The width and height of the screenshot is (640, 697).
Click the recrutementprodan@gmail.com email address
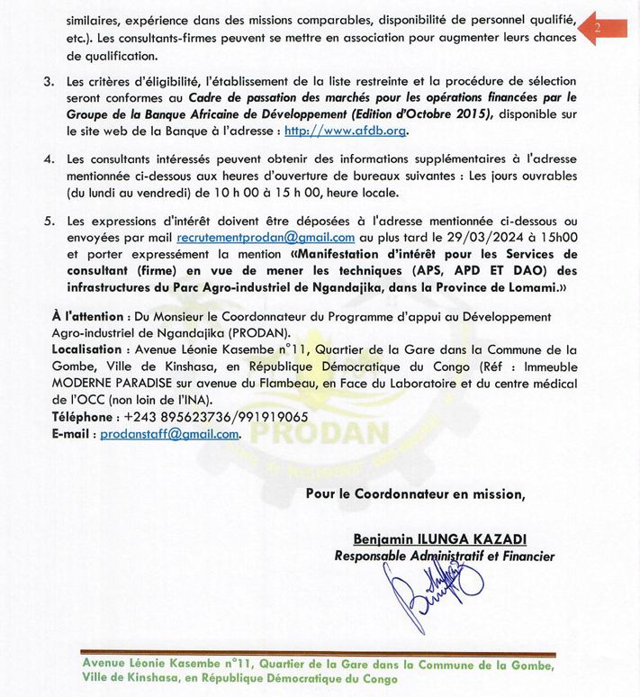(x=266, y=238)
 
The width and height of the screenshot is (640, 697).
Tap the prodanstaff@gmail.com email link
(x=169, y=433)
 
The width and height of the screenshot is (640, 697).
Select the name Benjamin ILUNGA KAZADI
(x=439, y=539)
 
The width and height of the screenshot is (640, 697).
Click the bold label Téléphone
(x=83, y=417)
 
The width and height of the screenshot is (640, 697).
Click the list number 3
(x=49, y=82)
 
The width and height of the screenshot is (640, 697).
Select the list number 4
(x=49, y=159)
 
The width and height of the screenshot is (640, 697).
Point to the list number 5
(x=49, y=221)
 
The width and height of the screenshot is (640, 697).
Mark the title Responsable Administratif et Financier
(x=444, y=557)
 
